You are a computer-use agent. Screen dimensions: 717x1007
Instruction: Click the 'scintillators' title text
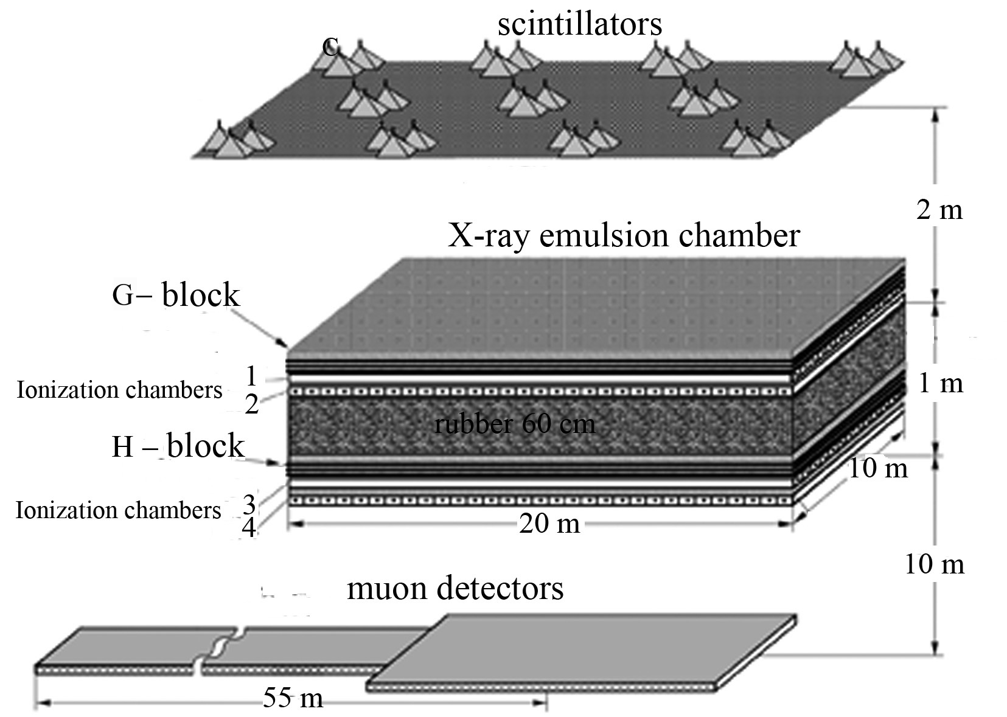(x=579, y=24)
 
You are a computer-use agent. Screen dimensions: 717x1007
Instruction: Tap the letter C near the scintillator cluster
(x=330, y=46)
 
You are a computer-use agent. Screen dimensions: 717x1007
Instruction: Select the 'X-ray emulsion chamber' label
(x=623, y=235)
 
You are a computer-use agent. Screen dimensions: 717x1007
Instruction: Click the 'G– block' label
(x=176, y=295)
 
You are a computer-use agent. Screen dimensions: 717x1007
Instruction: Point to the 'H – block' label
(x=178, y=446)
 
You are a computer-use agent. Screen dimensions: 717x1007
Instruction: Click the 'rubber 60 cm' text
(x=514, y=423)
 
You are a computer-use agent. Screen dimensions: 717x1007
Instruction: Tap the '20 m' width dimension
(x=549, y=523)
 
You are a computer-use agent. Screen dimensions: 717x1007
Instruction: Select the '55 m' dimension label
(x=293, y=698)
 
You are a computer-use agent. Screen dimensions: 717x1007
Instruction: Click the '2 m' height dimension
(x=939, y=210)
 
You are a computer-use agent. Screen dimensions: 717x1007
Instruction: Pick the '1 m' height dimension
(x=941, y=383)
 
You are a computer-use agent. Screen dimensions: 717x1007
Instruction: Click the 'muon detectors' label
(x=455, y=588)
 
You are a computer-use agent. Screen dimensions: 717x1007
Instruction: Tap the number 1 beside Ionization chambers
(x=252, y=376)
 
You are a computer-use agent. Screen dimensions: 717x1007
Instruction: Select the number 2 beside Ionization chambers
(x=252, y=404)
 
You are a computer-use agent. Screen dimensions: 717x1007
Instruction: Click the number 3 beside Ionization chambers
(x=249, y=504)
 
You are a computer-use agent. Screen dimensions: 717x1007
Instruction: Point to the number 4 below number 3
(x=249, y=528)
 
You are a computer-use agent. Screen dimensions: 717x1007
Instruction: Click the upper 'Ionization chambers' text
(x=119, y=390)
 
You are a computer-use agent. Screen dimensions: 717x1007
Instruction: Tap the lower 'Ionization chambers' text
(x=119, y=510)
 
